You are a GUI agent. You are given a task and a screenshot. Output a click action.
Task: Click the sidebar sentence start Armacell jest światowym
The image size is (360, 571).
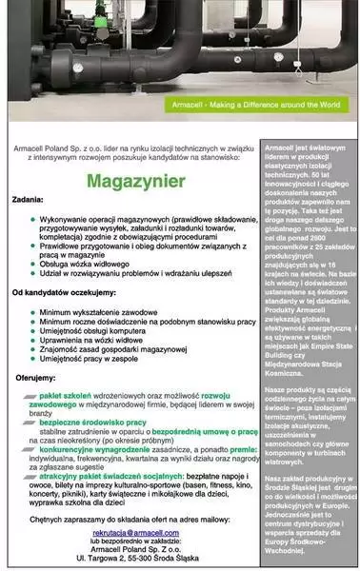click(x=302, y=150)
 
